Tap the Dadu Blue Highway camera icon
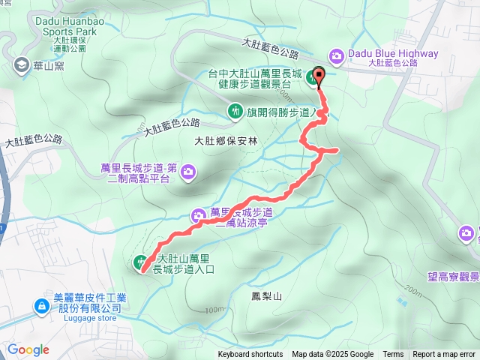(337, 55)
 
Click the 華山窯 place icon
(19, 65)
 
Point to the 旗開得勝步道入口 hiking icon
(234, 112)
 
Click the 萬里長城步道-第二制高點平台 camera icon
(187, 172)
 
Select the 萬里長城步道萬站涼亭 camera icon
(199, 215)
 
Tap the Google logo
(28, 349)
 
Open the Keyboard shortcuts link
(250, 355)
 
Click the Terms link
(393, 355)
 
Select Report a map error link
(444, 355)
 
